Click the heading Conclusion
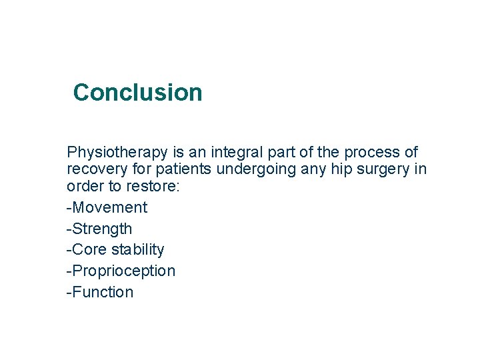pyautogui.click(x=137, y=92)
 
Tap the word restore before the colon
pyautogui.click(x=153, y=186)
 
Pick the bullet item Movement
pyautogui.click(x=109, y=207)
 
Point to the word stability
pyautogui.click(x=138, y=249)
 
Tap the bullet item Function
pyautogui.click(x=101, y=292)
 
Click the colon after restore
pyautogui.click(x=178, y=187)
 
